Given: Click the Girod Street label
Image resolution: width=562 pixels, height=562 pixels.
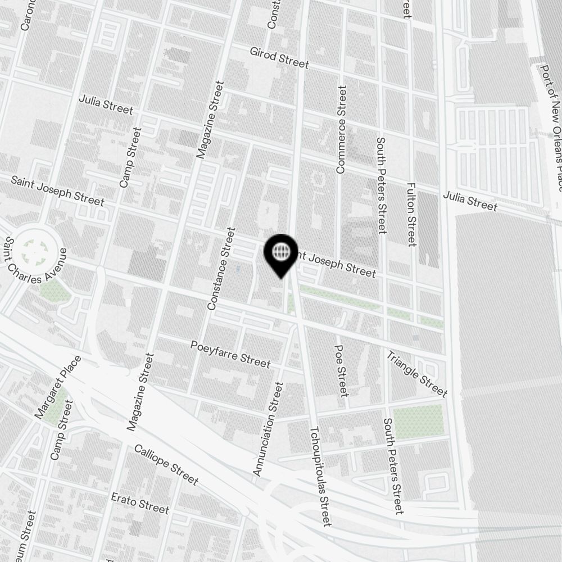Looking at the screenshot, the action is [279, 57].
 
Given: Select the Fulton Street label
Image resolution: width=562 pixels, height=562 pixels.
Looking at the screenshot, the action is [411, 214].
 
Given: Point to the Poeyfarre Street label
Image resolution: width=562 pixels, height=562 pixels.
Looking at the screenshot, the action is [230, 354].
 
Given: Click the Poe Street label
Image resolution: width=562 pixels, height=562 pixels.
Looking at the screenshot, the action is [341, 370].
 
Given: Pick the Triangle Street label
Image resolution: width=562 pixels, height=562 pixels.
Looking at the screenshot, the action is [416, 374].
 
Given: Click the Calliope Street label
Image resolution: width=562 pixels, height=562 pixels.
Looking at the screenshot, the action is [166, 465].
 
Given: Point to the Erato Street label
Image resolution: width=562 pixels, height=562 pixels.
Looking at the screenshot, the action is [140, 502].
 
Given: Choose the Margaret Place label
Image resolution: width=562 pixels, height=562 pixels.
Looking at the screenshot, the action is [58, 387].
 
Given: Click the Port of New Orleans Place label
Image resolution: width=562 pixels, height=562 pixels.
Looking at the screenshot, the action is [550, 128].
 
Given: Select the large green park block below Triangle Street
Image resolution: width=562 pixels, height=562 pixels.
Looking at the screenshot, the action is [418, 421].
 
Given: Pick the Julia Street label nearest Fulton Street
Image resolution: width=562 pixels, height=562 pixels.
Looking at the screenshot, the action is [470, 202].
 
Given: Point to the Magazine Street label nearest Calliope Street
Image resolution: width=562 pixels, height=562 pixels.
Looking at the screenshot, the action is [140, 392].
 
